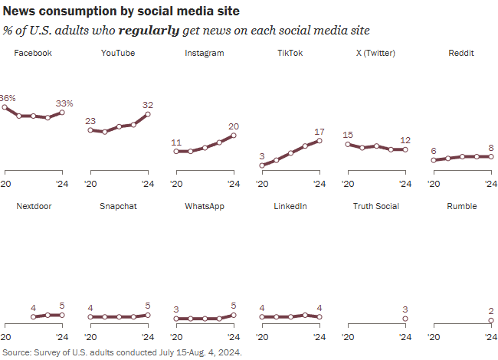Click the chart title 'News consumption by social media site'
click(x=120, y=12)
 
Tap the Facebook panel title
click(x=33, y=54)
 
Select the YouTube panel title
click(x=118, y=54)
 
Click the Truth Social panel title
click(x=375, y=207)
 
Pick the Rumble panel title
click(x=462, y=207)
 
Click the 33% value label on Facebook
click(x=64, y=103)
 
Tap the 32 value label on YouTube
click(x=148, y=105)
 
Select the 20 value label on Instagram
click(x=234, y=126)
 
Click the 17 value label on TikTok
click(x=319, y=132)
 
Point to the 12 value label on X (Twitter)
click(x=405, y=140)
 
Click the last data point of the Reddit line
click(x=491, y=156)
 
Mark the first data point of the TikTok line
click(x=262, y=165)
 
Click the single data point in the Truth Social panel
click(x=405, y=319)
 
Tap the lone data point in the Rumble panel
click(x=491, y=320)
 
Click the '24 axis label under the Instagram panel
click(x=234, y=184)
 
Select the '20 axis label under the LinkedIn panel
click(x=262, y=337)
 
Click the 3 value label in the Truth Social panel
click(x=405, y=309)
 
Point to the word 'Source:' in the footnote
click(x=18, y=352)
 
